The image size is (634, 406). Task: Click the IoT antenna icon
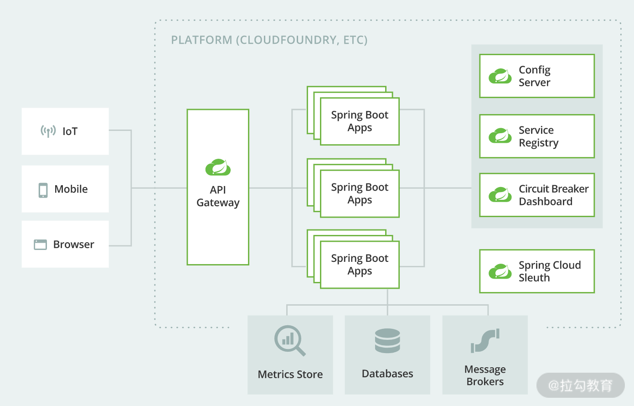[48, 131]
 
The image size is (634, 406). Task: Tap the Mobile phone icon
[43, 190]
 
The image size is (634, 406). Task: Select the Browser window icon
[40, 245]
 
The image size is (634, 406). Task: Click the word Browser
[73, 245]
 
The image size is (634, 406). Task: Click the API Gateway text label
[218, 196]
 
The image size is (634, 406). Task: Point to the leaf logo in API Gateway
[218, 167]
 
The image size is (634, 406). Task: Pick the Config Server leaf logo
[500, 76]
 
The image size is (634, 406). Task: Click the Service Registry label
[538, 136]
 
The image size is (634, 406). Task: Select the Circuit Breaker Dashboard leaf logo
[500, 195]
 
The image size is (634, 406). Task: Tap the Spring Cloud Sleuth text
[549, 271]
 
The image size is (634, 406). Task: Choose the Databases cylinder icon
[387, 341]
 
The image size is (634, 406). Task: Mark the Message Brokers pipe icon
[485, 341]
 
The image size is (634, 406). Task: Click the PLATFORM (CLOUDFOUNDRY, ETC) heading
[269, 40]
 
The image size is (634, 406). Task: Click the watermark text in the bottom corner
[580, 385]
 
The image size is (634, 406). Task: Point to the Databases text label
[387, 374]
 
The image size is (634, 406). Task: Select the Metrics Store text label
[290, 375]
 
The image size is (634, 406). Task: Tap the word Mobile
[71, 189]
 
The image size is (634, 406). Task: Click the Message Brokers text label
[485, 375]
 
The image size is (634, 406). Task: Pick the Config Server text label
[535, 76]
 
